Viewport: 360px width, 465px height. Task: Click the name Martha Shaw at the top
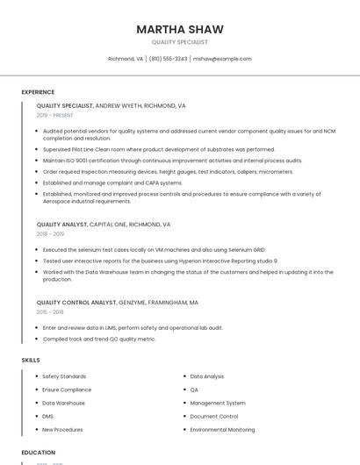180,29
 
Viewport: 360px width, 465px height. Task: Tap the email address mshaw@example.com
222,59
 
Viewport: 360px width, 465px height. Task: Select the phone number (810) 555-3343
168,59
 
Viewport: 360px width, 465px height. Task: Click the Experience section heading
38,92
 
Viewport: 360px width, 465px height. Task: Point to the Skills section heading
31,360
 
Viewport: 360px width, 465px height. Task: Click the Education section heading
39,453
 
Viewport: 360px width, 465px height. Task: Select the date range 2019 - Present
54,116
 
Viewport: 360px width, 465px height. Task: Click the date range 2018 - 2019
50,234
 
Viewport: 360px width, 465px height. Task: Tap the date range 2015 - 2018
50,312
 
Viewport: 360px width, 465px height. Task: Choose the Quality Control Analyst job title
76,303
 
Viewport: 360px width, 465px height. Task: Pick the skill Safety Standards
64,376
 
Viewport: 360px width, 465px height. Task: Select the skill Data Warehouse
64,403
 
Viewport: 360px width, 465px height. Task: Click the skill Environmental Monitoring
223,430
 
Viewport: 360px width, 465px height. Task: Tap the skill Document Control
214,416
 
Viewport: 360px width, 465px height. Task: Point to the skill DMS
48,416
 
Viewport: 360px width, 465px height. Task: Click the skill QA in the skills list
194,390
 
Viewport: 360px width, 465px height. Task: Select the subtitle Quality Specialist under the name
180,42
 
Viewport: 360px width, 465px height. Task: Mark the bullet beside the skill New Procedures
37,430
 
